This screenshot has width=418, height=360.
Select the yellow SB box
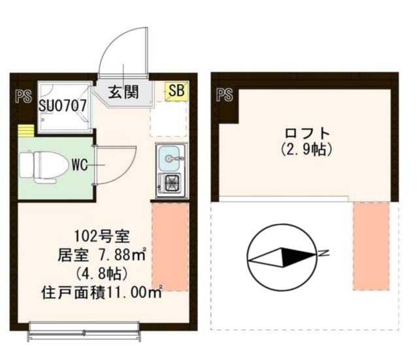tap(176, 91)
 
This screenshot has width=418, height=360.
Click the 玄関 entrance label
tap(123, 92)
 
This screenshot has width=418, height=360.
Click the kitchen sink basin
tap(171, 157)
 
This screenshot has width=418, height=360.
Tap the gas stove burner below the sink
tap(171, 183)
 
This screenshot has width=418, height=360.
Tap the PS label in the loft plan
tap(225, 95)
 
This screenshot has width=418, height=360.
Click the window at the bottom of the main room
tap(85, 332)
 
